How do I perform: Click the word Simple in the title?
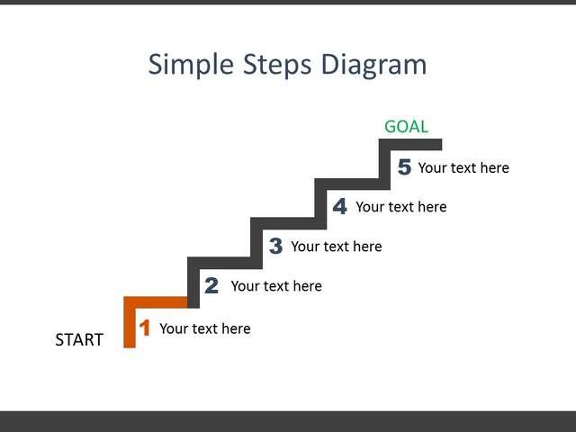[x=191, y=65]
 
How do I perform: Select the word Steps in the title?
[x=277, y=65]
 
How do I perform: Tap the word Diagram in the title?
[x=374, y=65]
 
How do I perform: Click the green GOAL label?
[x=406, y=127]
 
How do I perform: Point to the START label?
[x=79, y=340]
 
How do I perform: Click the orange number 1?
[x=145, y=328]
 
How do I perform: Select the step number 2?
[x=211, y=285]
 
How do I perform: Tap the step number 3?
[x=275, y=246]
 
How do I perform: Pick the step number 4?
[x=340, y=206]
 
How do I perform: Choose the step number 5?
[x=404, y=166]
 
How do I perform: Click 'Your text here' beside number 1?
[x=205, y=328]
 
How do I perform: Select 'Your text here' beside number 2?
[x=276, y=286]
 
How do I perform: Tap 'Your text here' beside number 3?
[x=336, y=246]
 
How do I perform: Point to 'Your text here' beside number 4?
[x=401, y=207]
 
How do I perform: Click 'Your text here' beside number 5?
[x=463, y=167]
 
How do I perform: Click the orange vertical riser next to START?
[x=130, y=322]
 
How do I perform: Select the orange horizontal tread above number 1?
[x=156, y=302]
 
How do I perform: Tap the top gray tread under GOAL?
[x=410, y=144]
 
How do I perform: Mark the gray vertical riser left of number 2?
[x=193, y=283]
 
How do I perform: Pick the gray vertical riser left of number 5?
[x=384, y=164]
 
